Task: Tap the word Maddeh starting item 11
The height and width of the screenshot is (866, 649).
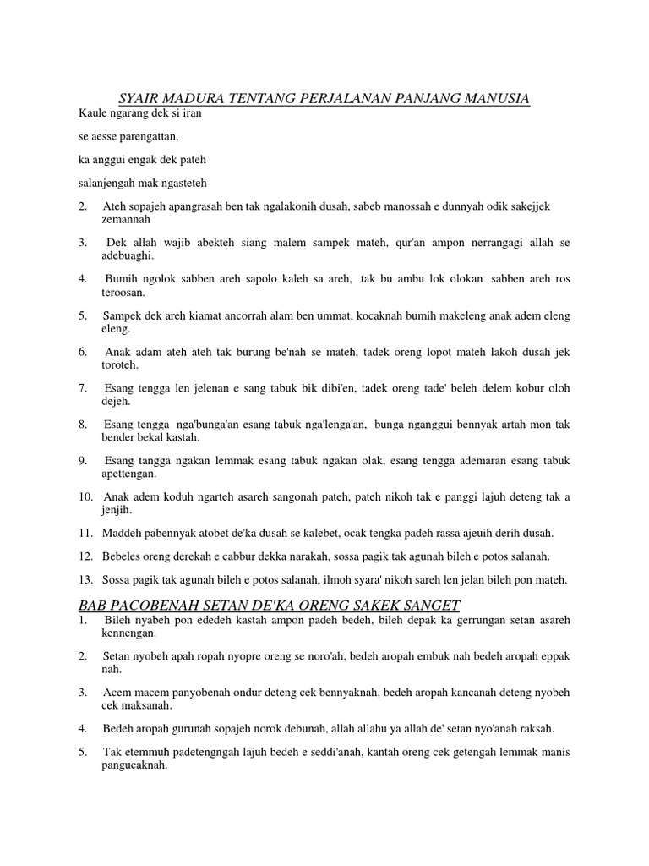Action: [121, 533]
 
